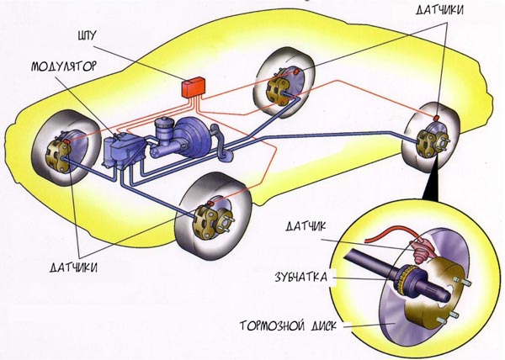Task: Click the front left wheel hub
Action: click(x=58, y=154)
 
